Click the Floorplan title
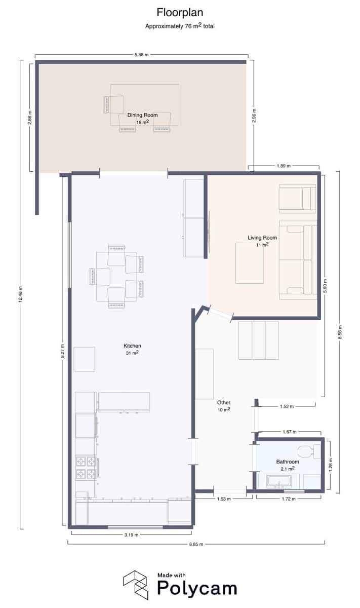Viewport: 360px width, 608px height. [180, 12]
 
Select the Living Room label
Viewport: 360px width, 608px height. [262, 238]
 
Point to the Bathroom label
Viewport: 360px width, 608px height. [287, 462]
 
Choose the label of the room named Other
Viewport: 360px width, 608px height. [223, 403]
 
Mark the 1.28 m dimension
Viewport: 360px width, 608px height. [330, 465]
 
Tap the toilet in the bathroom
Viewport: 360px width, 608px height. [308, 451]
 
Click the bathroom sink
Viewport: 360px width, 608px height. [279, 482]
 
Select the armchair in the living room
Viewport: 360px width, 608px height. [298, 198]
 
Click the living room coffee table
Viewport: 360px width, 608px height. [250, 263]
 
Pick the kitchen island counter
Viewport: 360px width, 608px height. [124, 402]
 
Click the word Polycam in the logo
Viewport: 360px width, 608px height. [196, 588]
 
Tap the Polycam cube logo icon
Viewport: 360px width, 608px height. [136, 584]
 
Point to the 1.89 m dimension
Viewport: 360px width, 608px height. [284, 166]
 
